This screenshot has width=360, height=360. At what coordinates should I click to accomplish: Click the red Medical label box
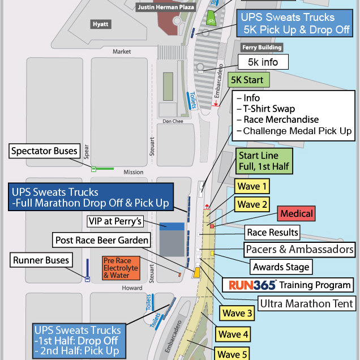pos(295,214)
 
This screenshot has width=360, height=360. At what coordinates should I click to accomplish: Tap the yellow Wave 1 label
pos(252,186)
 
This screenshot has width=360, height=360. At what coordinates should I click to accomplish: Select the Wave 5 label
pos(232,354)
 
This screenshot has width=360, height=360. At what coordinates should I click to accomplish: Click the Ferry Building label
pos(262,48)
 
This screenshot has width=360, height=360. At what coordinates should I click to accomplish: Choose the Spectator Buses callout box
pos(44,151)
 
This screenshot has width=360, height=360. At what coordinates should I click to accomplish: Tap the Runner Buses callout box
pos(41,260)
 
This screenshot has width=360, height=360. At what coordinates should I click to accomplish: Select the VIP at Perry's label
pos(115,221)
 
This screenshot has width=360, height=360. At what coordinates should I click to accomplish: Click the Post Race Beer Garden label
pos(102,240)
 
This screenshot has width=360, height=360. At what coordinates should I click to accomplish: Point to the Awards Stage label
pos(281,267)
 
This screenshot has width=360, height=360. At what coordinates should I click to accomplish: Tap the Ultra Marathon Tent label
pos(302,303)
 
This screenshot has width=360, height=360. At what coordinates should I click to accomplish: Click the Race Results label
pos(272,232)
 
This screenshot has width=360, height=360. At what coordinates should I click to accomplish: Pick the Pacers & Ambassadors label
pos(300,249)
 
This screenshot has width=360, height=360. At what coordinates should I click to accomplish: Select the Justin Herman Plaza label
pos(166,7)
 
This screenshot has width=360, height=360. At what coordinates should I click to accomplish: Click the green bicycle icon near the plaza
pos(211,17)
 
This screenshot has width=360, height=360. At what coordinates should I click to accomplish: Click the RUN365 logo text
pos(248,285)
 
